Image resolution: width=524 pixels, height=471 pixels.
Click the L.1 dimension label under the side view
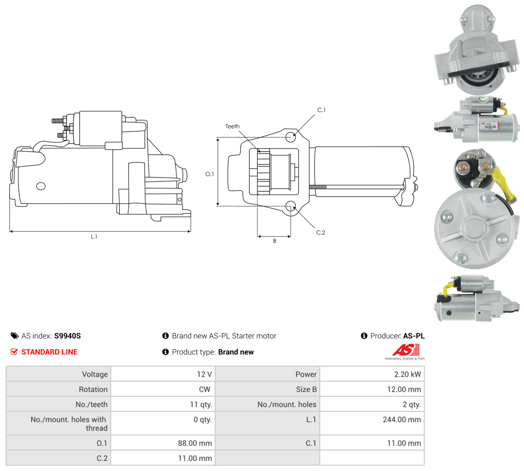[94, 237]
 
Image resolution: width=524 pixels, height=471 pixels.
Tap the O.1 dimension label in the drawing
[209, 174]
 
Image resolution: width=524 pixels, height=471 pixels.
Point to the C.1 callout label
[321, 110]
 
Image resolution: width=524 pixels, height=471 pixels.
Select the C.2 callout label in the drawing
[321, 232]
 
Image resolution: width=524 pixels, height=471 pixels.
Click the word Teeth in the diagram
[232, 127]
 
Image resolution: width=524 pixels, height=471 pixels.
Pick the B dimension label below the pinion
[274, 241]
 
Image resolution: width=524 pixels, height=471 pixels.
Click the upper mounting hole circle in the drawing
[291, 137]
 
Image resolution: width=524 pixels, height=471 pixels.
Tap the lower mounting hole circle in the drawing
[291, 206]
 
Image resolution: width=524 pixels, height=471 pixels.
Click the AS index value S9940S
[67, 336]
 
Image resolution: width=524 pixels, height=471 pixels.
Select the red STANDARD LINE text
[49, 352]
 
